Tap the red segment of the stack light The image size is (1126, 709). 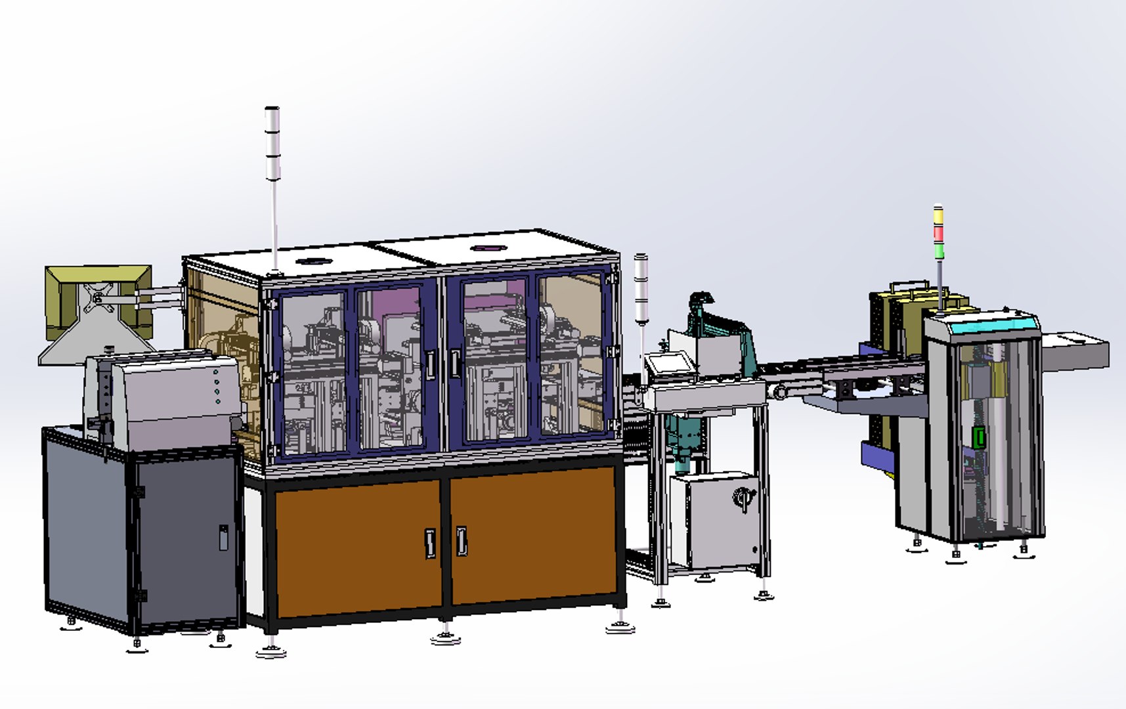tap(938, 233)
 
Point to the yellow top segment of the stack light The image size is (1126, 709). tap(938, 216)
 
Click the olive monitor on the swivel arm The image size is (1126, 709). tap(98, 299)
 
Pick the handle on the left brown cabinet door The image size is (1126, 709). tap(430, 543)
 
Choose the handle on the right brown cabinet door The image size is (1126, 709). tap(462, 541)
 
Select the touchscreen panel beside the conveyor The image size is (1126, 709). tap(668, 362)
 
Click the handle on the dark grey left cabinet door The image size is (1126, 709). tap(223, 537)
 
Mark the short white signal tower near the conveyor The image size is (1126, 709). tap(640, 289)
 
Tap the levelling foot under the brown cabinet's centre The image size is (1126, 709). tap(445, 635)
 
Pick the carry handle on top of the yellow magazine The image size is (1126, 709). tap(909, 287)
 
